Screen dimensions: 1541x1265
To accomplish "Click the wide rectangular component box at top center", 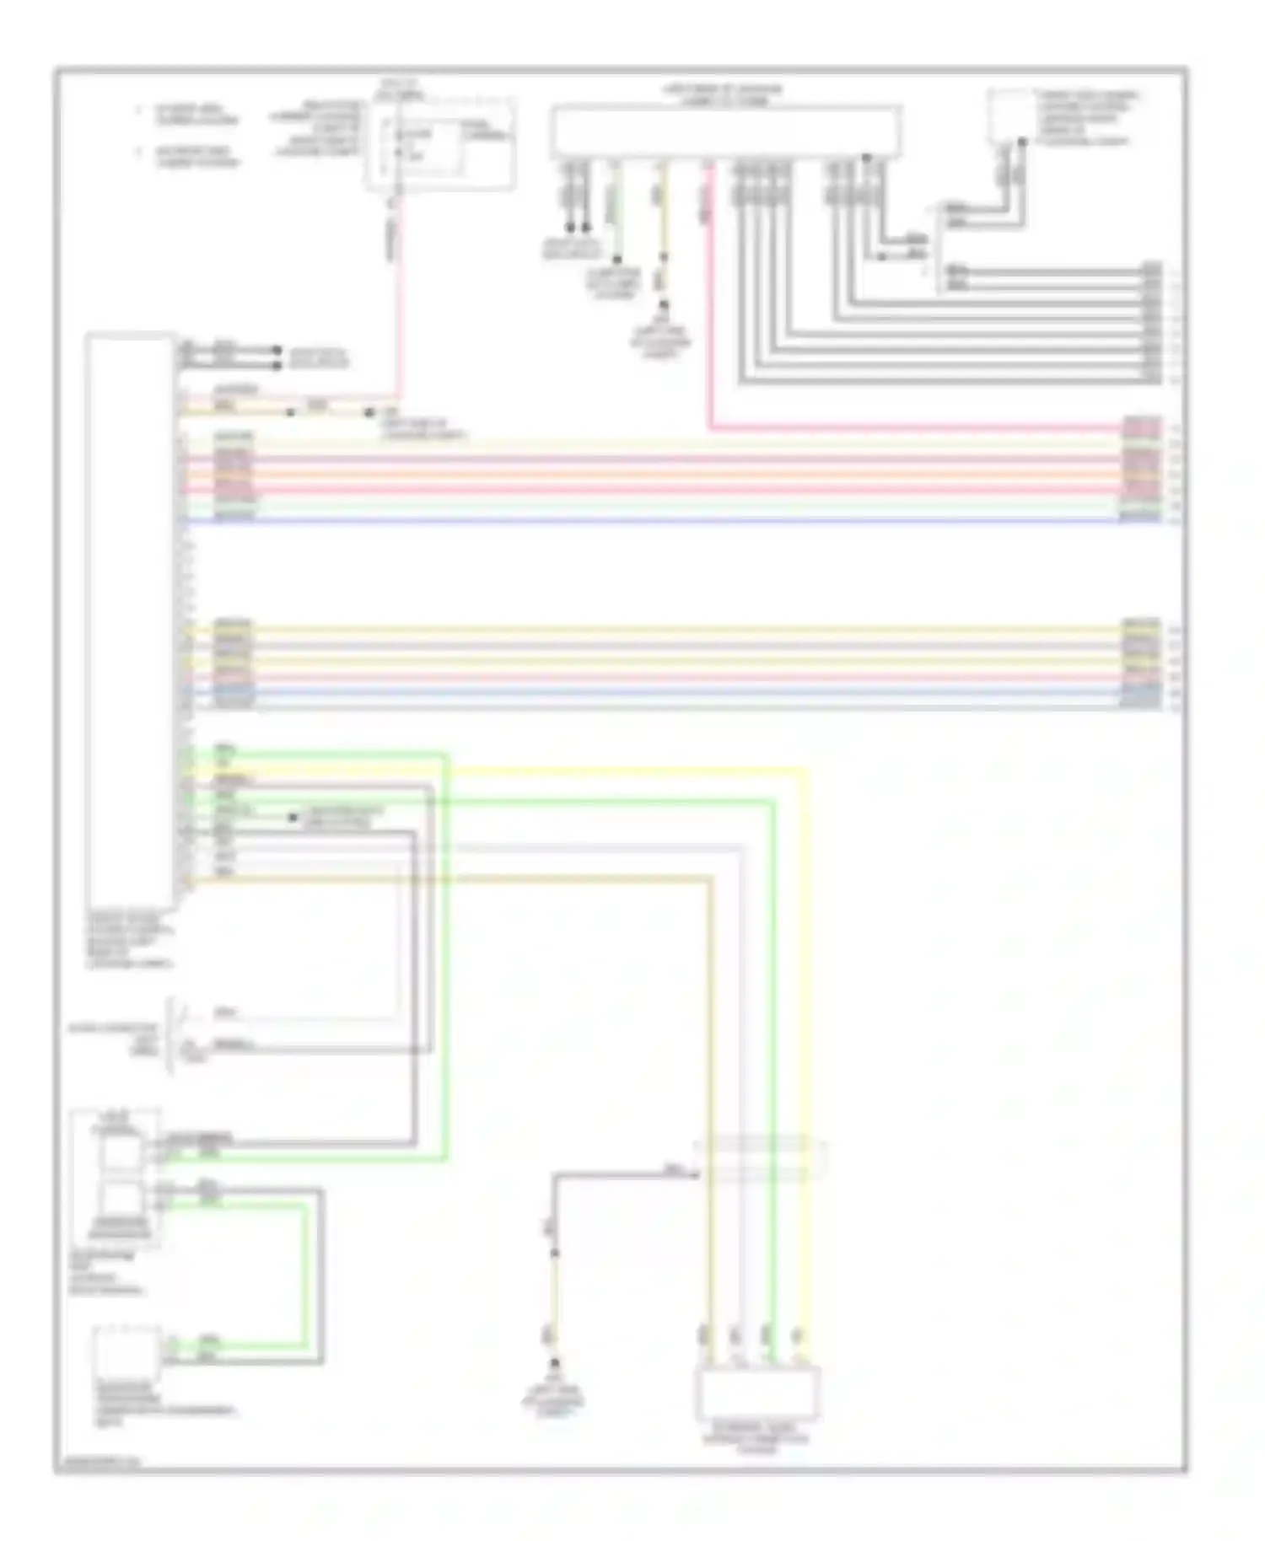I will (x=725, y=132).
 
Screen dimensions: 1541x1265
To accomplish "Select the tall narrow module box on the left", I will (x=130, y=620).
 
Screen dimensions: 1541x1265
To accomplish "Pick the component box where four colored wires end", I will (x=756, y=1394).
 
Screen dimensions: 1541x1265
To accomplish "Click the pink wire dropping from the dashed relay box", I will (x=398, y=295).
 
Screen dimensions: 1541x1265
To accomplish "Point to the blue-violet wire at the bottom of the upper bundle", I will (x=675, y=521).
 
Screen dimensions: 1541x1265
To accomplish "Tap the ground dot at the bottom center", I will (x=554, y=1363).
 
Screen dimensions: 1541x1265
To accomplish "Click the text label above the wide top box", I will (x=725, y=94).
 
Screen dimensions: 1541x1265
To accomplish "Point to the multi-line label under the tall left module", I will (x=130, y=939).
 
